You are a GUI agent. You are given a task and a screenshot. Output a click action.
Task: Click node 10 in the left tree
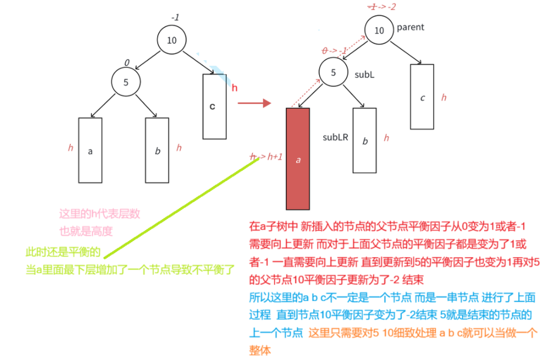pyautogui.click(x=171, y=40)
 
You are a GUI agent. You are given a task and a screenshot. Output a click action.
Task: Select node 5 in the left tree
pyautogui.click(x=126, y=82)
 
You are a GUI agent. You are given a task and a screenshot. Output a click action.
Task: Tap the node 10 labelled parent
pyautogui.click(x=379, y=30)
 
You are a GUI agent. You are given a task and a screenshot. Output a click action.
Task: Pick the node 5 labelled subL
pyautogui.click(x=333, y=72)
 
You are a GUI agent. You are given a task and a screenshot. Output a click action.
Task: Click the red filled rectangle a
pyautogui.click(x=298, y=159)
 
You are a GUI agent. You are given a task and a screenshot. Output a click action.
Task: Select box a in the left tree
pyautogui.click(x=90, y=150)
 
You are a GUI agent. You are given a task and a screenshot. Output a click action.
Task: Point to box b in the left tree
pyautogui.click(x=157, y=150)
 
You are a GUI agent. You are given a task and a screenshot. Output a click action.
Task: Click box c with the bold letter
pyautogui.click(x=214, y=106)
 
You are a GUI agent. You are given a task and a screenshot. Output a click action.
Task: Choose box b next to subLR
pyautogui.click(x=365, y=140)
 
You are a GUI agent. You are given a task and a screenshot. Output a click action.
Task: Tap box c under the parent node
pyautogui.click(x=422, y=97)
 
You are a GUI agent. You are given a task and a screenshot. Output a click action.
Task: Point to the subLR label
pyautogui.click(x=335, y=137)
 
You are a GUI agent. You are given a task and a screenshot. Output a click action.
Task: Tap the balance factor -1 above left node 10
pyautogui.click(x=175, y=18)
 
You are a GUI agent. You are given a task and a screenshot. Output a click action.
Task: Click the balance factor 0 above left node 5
pyautogui.click(x=127, y=63)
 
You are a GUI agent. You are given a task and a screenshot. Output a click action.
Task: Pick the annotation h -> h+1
pyautogui.click(x=266, y=157)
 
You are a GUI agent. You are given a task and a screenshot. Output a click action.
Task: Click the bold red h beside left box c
pyautogui.click(x=235, y=88)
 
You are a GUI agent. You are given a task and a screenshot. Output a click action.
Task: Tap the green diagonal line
pyautogui.click(x=177, y=208)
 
